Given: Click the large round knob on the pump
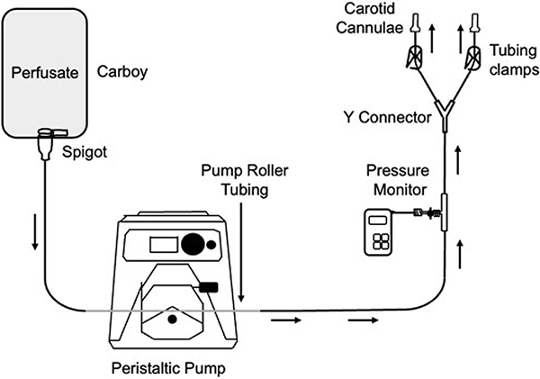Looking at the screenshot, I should point(192,244).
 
